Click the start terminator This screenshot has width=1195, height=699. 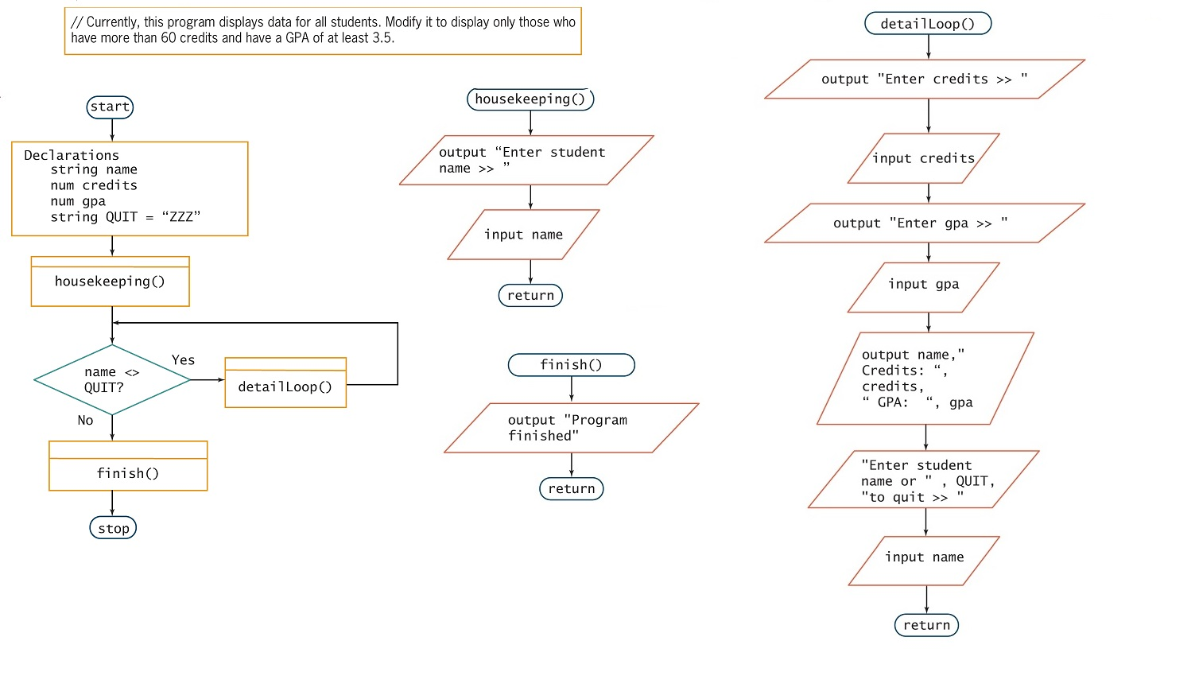pyautogui.click(x=110, y=107)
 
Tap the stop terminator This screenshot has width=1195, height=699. pyautogui.click(x=113, y=528)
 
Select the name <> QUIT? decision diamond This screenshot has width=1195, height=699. pyautogui.click(x=112, y=380)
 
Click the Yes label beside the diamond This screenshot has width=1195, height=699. pyautogui.click(x=183, y=360)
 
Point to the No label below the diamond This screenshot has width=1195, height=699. pyautogui.click(x=85, y=421)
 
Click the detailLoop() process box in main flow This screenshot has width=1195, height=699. pyautogui.click(x=285, y=383)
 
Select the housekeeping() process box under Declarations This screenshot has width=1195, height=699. pyautogui.click(x=111, y=282)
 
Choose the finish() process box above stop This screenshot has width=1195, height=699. pyautogui.click(x=128, y=466)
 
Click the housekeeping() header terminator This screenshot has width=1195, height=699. pyautogui.click(x=530, y=99)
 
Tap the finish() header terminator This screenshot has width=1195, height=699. pyautogui.click(x=572, y=365)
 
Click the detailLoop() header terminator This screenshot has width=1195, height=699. pyautogui.click(x=928, y=24)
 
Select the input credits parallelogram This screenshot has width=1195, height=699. pyautogui.click(x=923, y=158)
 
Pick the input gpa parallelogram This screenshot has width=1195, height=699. pyautogui.click(x=923, y=288)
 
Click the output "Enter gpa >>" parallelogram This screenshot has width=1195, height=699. pyautogui.click(x=925, y=223)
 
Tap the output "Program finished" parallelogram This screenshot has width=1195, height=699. pyautogui.click(x=572, y=428)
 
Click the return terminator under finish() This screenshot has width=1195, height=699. pyautogui.click(x=572, y=489)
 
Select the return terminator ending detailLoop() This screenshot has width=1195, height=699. pyautogui.click(x=926, y=625)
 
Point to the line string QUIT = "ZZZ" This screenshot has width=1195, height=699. pyautogui.click(x=126, y=217)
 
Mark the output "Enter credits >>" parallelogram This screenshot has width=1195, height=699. pyautogui.click(x=925, y=79)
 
